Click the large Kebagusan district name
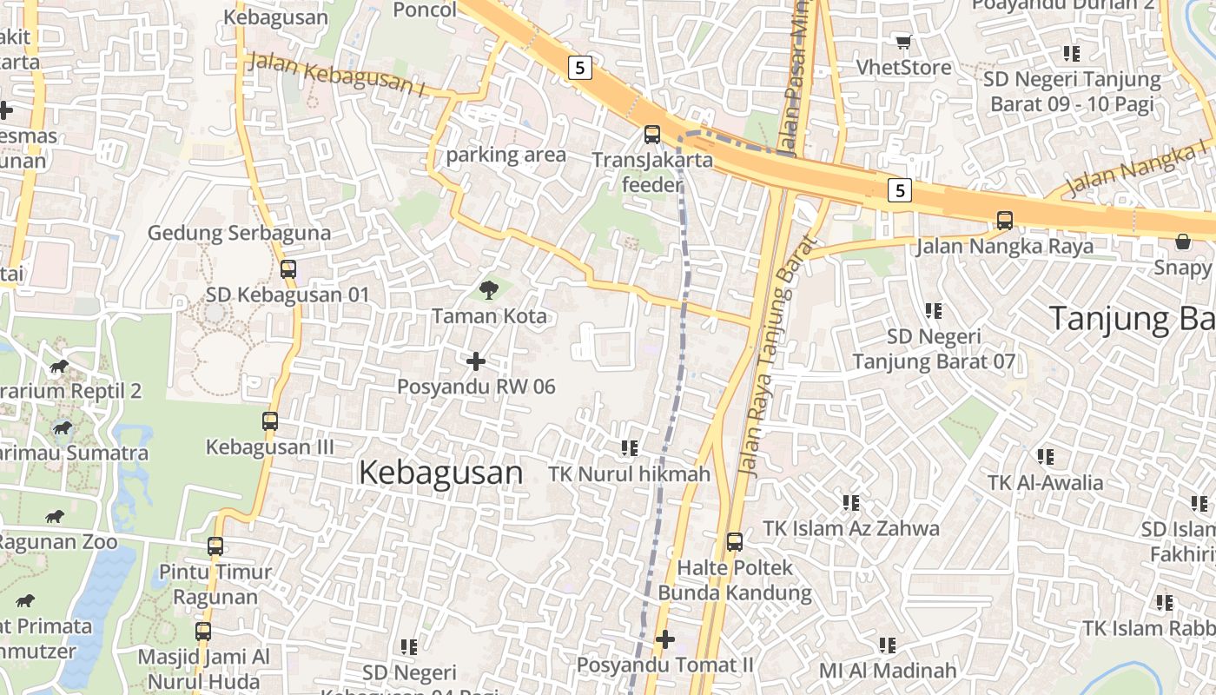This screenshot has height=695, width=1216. [x=440, y=473]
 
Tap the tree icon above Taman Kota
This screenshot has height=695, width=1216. [x=489, y=290]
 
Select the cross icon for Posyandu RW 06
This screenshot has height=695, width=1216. [x=475, y=361]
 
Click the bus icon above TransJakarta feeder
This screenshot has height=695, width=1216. [x=651, y=135]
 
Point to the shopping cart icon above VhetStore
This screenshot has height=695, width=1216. [x=903, y=42]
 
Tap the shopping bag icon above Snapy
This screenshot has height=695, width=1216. [x=1182, y=241]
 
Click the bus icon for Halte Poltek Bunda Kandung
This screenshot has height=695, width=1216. [x=734, y=542]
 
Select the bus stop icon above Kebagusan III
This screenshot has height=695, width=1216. [x=269, y=421]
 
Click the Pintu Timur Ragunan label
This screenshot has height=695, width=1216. [x=215, y=585]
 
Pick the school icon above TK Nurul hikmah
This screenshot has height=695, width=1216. [x=630, y=448]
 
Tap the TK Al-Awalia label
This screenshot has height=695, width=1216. [x=1045, y=483]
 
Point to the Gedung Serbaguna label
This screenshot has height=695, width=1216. [x=239, y=233]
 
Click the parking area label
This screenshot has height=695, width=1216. [x=506, y=156]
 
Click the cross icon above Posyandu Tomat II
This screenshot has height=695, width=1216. [x=664, y=639]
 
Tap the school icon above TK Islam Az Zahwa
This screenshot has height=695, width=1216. [x=850, y=502]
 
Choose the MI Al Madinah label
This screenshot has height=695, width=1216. [x=888, y=671]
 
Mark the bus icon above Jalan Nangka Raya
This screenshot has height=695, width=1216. [x=1004, y=221]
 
